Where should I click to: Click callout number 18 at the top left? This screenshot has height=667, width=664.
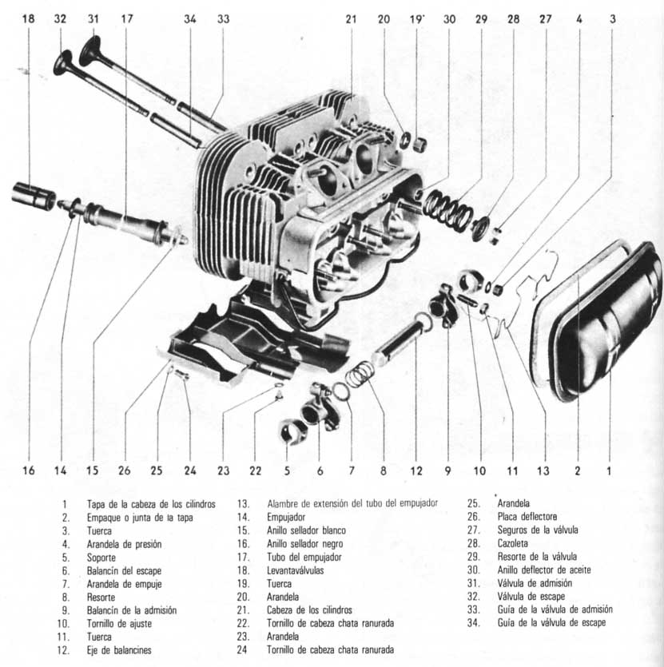click(30, 17)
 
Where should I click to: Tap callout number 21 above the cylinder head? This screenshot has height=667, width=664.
click(350, 17)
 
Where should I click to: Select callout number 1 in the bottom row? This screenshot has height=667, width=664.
click(609, 470)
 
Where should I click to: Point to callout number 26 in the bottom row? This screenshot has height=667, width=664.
click(125, 470)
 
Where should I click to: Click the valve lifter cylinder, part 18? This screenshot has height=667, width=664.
click(34, 196)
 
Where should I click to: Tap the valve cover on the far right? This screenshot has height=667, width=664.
click(599, 320)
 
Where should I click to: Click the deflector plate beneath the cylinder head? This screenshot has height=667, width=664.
click(240, 343)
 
